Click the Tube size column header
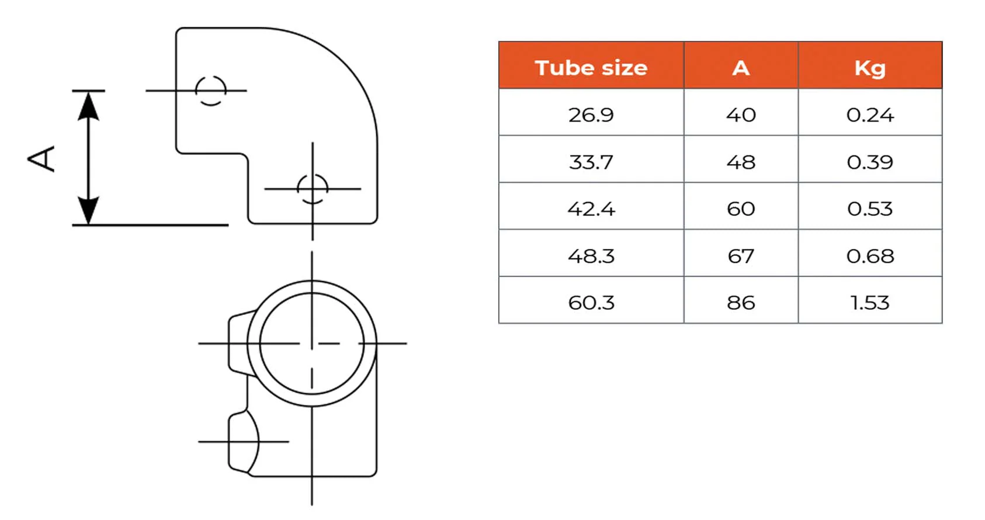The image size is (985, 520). pyautogui.click(x=591, y=68)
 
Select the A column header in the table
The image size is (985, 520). pyautogui.click(x=741, y=68)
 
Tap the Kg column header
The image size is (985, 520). pyautogui.click(x=870, y=68)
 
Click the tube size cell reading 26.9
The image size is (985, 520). pyautogui.click(x=591, y=115)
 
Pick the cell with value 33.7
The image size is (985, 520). pyautogui.click(x=591, y=162)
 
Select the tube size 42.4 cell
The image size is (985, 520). pyautogui.click(x=591, y=209)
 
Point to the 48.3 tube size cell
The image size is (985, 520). pyautogui.click(x=591, y=255)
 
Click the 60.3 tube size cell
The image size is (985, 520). pyautogui.click(x=591, y=303)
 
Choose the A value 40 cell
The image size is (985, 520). pyautogui.click(x=741, y=115)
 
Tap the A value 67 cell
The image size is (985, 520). pyautogui.click(x=741, y=255)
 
